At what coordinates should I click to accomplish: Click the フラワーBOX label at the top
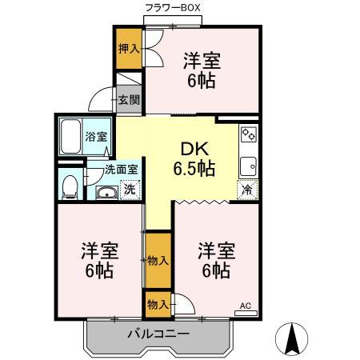point(171,7)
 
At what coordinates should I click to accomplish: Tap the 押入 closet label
point(129,48)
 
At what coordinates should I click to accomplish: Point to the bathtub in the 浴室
point(73,134)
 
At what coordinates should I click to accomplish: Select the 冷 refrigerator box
point(247,191)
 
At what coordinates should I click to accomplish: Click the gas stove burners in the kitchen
point(248,134)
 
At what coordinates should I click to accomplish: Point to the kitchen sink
point(248,166)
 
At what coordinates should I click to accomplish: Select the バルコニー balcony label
point(157,334)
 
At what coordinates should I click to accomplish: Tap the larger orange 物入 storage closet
point(158,260)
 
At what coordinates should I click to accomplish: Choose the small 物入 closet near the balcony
point(158,304)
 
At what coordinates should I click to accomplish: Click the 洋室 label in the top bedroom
point(202,60)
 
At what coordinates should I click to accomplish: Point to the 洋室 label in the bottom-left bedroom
point(99,250)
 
